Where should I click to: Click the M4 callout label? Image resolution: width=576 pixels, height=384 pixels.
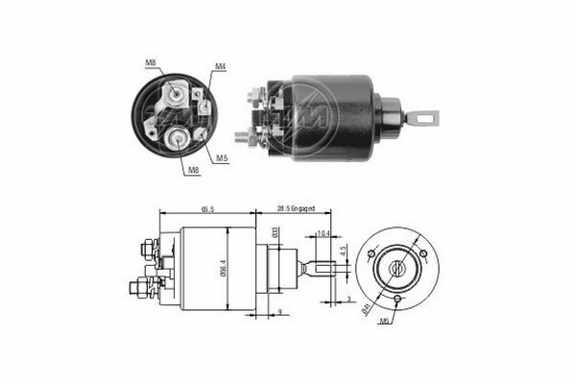point(220,66)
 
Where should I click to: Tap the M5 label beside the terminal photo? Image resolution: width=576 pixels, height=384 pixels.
point(222,156)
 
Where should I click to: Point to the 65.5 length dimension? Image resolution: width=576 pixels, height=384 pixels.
point(207,208)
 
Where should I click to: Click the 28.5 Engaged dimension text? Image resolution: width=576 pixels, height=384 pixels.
point(296,208)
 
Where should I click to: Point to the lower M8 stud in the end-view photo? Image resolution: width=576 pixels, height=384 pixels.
point(179,137)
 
